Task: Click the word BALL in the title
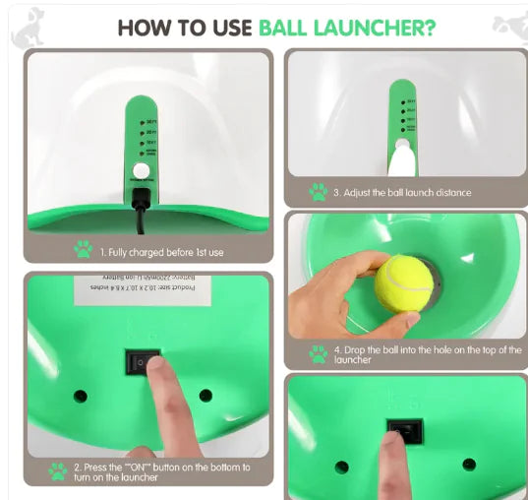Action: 294,26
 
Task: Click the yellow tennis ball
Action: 403,283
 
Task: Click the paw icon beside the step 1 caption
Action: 83,252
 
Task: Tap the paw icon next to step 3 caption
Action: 318,192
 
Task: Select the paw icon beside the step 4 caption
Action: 318,354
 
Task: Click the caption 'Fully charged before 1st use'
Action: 161,252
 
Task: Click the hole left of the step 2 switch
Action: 80,396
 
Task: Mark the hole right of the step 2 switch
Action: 205,394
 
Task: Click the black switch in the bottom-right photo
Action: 405,430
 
